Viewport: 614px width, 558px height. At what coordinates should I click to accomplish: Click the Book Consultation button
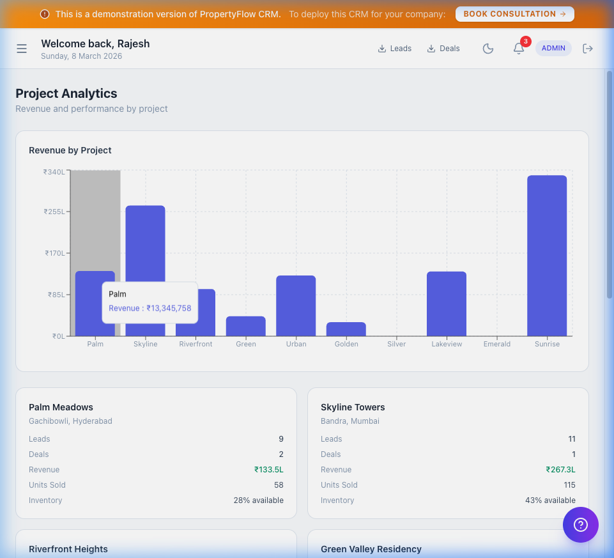[x=514, y=14]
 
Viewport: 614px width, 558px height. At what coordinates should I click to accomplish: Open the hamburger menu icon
[x=22, y=49]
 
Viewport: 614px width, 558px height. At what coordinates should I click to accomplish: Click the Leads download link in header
[x=394, y=49]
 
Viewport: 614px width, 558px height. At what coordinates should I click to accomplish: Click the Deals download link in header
[x=443, y=49]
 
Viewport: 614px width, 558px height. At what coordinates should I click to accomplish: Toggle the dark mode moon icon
[x=488, y=49]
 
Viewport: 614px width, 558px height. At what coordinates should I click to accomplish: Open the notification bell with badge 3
[x=519, y=49]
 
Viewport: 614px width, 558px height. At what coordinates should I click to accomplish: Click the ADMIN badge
[x=553, y=49]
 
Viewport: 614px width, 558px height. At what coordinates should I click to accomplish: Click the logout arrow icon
[x=588, y=49]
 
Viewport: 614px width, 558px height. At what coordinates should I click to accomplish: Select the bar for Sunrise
[x=547, y=256]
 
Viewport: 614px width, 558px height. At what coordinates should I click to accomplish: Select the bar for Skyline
[x=145, y=243]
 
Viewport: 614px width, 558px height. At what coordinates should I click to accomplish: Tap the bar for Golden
[x=346, y=329]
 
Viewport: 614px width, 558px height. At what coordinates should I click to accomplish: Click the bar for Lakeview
[x=447, y=304]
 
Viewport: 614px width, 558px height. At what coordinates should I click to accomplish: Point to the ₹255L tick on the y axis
[x=54, y=212]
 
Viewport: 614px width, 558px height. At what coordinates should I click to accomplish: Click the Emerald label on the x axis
[x=496, y=344]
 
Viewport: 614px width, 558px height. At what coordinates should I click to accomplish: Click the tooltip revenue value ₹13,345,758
[x=169, y=308]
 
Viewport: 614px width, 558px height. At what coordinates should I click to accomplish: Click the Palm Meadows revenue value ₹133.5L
[x=268, y=470]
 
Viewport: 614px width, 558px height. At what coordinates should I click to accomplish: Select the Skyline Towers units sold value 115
[x=569, y=485]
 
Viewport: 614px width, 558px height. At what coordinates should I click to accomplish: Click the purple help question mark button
[x=580, y=525]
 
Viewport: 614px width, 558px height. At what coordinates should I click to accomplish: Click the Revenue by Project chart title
[x=70, y=150]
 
